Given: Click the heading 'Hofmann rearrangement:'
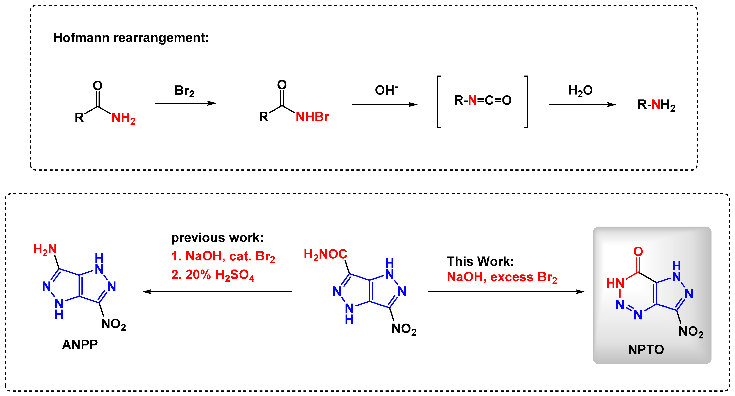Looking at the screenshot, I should point(131,38).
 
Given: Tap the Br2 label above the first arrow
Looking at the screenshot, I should point(184,91).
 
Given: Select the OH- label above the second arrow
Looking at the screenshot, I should point(386,90).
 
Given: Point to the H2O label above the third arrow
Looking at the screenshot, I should point(580,91).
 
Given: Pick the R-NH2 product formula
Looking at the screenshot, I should point(656,105).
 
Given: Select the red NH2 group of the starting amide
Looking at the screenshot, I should point(123,118).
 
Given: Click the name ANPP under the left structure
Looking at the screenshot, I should point(80,345).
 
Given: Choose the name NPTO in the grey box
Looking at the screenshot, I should point(646,349).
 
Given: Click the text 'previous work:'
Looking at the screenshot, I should point(218,238).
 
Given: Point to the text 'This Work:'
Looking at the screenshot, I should point(480,261).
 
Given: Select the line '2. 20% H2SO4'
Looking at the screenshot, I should point(213,275).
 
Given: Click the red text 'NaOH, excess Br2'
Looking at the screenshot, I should point(502,277).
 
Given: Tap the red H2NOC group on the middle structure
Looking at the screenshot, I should point(325,254).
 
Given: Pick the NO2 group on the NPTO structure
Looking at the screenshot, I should point(691,332).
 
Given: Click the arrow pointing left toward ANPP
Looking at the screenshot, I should point(217,292).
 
